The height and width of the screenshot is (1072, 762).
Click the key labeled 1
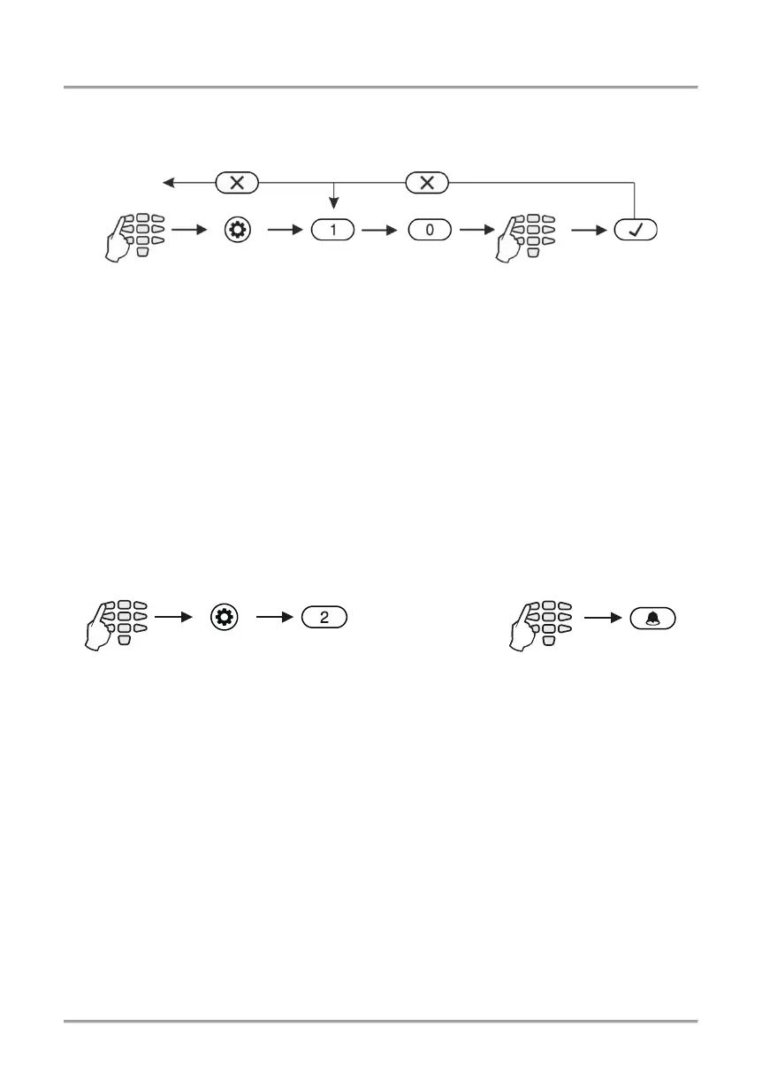[332, 231]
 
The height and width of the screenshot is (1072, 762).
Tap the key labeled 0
[430, 231]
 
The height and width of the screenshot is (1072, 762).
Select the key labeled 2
[324, 617]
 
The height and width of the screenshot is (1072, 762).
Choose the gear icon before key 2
[225, 617]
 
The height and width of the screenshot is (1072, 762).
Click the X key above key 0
[428, 183]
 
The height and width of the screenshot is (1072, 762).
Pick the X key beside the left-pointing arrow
[237, 183]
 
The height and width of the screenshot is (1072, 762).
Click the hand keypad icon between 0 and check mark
[527, 236]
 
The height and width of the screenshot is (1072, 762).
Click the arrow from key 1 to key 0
[381, 231]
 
